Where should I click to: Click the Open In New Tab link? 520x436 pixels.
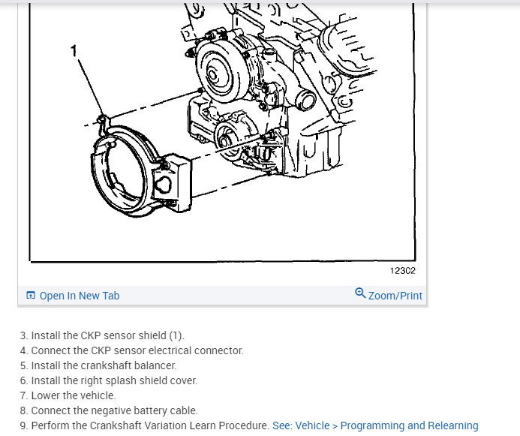tap(79, 296)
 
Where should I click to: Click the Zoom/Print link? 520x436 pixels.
tap(395, 296)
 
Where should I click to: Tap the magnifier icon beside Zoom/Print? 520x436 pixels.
tap(360, 293)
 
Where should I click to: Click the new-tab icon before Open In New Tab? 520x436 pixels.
tap(31, 296)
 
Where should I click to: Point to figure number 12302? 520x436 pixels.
tap(402, 271)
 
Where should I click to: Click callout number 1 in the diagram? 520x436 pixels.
tap(74, 50)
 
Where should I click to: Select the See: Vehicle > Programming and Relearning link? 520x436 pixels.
tap(374, 425)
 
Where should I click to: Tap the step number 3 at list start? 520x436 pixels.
tap(23, 335)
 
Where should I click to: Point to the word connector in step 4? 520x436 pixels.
tap(221, 350)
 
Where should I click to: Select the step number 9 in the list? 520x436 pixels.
tap(23, 425)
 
